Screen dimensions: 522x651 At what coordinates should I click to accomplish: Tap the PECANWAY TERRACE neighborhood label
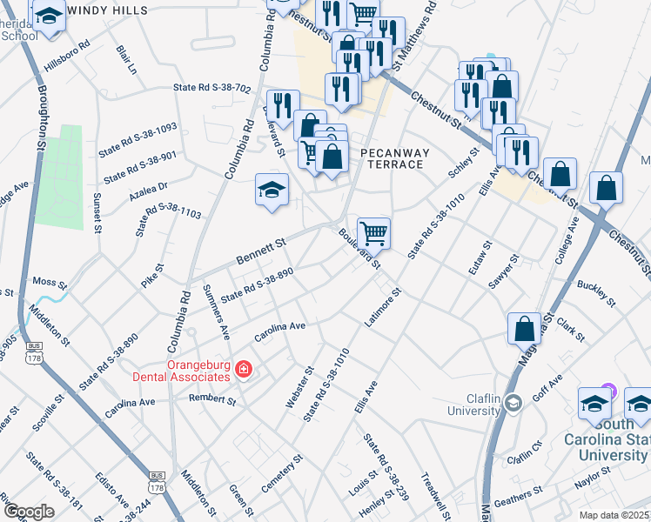[x=395, y=157]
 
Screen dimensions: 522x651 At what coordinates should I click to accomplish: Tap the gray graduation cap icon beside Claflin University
[x=513, y=401]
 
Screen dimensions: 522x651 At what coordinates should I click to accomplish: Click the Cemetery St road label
[x=281, y=471]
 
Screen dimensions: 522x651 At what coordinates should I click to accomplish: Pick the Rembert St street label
[x=213, y=401]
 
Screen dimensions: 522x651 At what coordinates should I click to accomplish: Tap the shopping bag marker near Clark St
[x=524, y=328]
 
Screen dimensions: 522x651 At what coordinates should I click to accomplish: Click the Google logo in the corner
[x=28, y=512]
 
